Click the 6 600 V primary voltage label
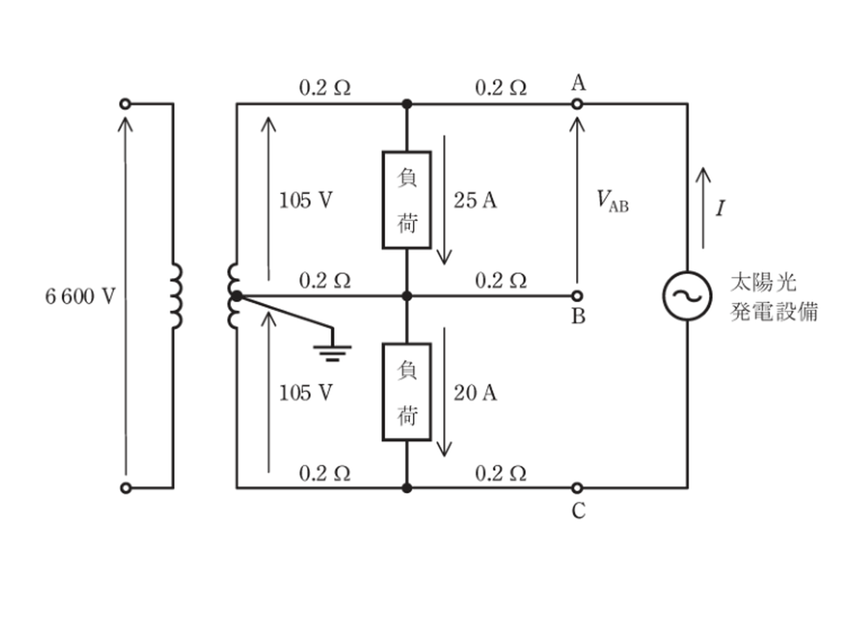click(80, 297)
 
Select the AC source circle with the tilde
click(687, 296)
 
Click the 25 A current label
click(475, 200)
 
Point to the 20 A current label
click(475, 393)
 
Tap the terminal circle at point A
click(577, 104)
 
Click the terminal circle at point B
click(577, 296)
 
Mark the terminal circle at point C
click(577, 488)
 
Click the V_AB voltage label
click(613, 201)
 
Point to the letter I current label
click(720, 208)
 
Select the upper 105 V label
click(306, 200)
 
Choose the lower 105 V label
click(306, 393)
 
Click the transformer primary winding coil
click(177, 296)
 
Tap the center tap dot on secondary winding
click(237, 296)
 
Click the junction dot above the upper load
click(406, 104)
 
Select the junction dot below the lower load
click(406, 488)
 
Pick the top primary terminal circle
click(125, 104)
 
